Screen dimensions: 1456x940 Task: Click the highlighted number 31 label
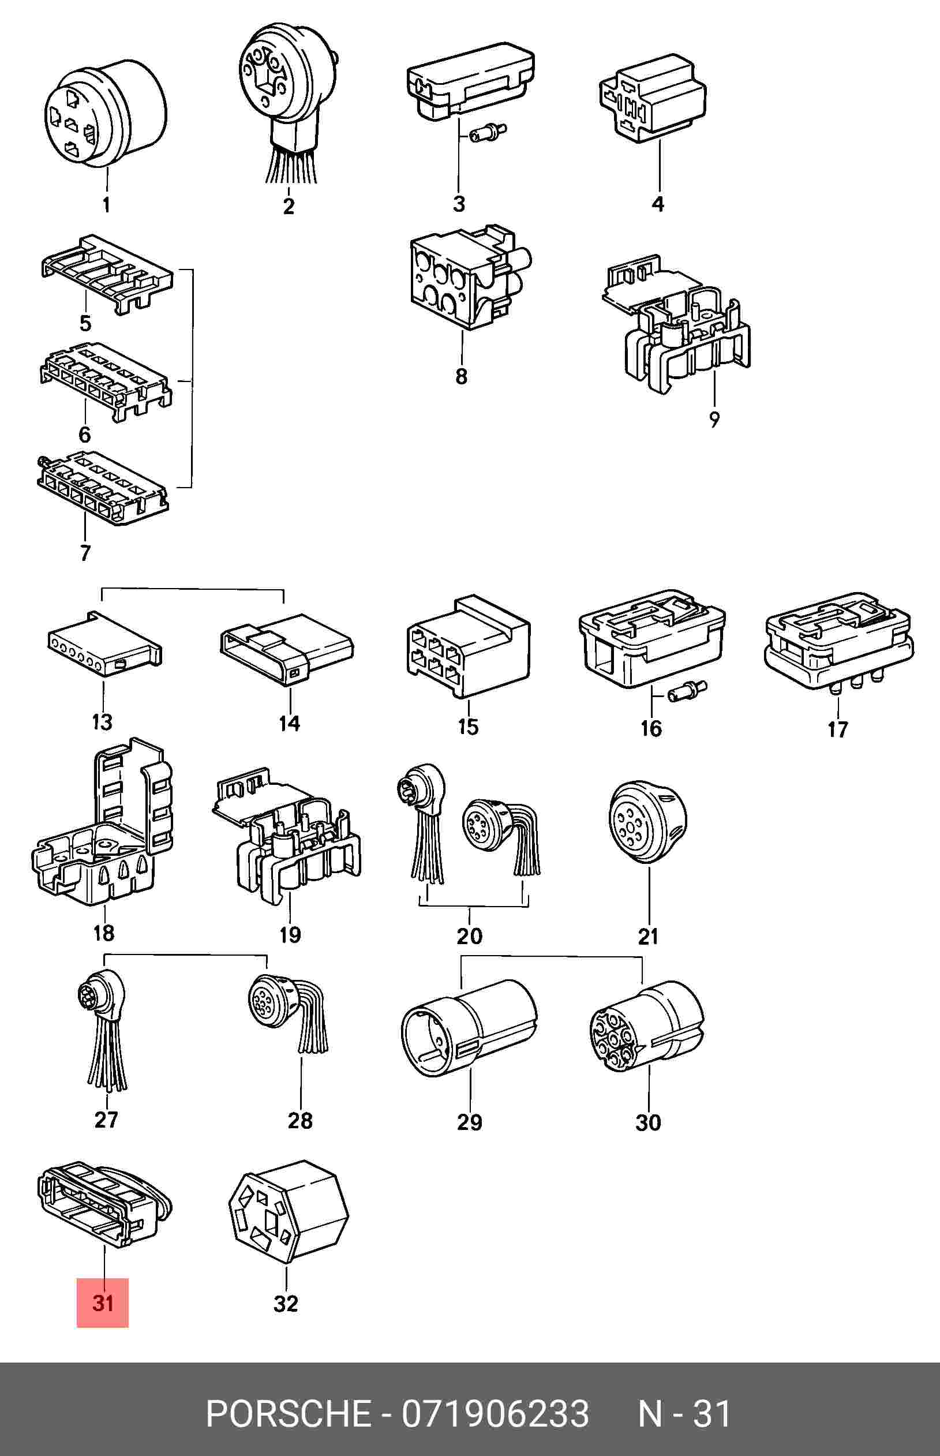point(103,1304)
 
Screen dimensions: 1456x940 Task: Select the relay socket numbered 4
point(652,98)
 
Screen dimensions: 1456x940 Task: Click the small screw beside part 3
point(489,132)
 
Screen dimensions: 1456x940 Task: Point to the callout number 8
point(462,376)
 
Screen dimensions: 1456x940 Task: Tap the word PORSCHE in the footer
point(288,1413)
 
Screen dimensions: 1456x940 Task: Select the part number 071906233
point(495,1413)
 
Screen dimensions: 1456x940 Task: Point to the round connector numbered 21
point(647,821)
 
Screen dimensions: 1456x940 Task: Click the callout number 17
point(837,729)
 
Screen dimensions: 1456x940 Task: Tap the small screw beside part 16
point(687,693)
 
